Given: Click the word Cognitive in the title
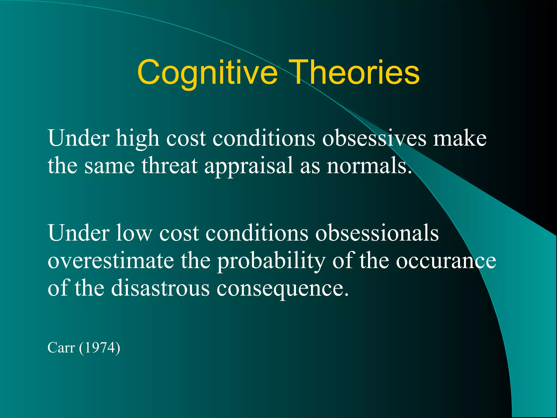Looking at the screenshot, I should [207, 73].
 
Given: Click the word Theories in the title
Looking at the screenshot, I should [354, 73].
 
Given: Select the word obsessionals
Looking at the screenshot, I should [377, 233].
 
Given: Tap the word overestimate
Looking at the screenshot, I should [111, 261].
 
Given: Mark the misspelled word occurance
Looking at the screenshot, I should [446, 261].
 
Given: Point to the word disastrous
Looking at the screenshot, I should [160, 288].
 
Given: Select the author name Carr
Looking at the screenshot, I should [61, 348].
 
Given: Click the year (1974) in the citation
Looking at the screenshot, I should [100, 348].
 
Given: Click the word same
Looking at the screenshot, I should [110, 166].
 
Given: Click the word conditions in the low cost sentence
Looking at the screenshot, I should [257, 233].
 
